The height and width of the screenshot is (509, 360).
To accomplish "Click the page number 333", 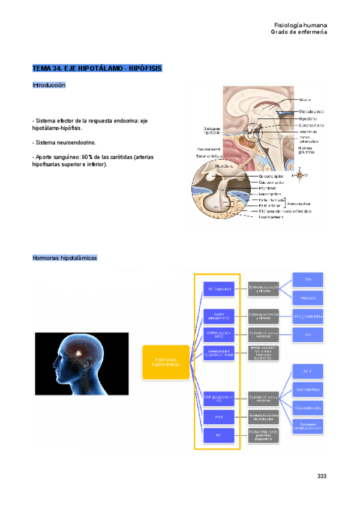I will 322,476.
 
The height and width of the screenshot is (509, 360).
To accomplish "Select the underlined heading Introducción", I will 49,85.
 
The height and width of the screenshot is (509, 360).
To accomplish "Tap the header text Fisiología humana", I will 300,25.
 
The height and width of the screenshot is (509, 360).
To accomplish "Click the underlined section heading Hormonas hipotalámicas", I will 64,258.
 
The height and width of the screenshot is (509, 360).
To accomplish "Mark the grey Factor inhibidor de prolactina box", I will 265,435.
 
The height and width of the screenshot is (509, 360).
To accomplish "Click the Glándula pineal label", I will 312,112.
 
